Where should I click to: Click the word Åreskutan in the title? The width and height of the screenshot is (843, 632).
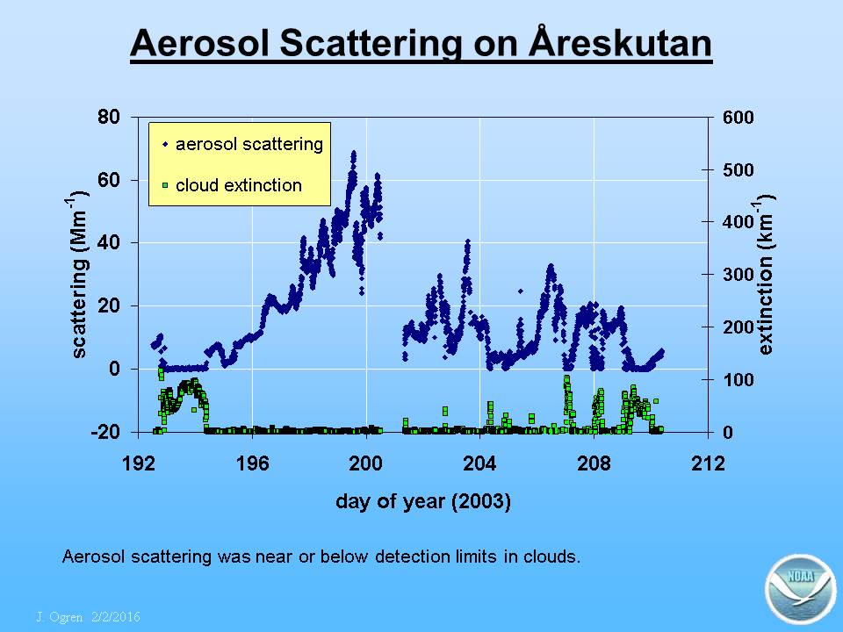[x=620, y=42]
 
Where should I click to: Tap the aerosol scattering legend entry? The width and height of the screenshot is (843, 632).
[x=242, y=144]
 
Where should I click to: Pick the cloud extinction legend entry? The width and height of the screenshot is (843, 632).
[x=232, y=185]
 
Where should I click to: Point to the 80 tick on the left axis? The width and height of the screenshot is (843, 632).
[x=109, y=117]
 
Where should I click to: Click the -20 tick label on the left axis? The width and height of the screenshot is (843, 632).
[x=105, y=432]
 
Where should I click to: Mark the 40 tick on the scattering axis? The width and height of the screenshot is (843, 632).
[x=109, y=242]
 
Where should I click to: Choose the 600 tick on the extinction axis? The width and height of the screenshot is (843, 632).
[x=739, y=117]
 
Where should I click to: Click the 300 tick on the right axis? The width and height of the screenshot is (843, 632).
[x=739, y=275]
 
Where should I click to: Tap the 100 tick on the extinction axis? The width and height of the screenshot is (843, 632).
[x=739, y=380]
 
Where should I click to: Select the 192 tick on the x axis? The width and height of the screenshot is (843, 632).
[x=139, y=463]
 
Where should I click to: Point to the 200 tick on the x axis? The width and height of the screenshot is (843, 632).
[x=366, y=463]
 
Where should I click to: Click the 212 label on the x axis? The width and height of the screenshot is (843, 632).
[x=708, y=463]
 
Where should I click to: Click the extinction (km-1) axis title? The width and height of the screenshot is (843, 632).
[x=765, y=274]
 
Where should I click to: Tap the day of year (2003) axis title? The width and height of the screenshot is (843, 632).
[x=423, y=502]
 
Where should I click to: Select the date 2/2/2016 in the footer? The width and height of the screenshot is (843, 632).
[x=116, y=616]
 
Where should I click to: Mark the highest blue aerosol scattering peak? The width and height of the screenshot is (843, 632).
[x=353, y=154]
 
